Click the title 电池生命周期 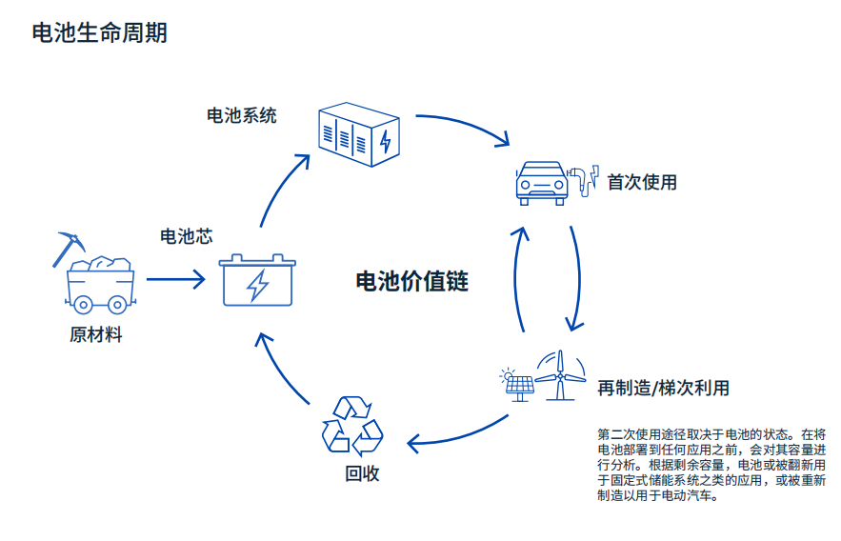pos(99,33)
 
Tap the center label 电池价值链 pos(411,282)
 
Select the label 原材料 pos(96,335)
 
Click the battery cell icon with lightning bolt pos(257,280)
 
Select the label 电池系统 pos(242,115)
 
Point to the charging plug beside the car pos(581,178)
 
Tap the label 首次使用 pos(642,182)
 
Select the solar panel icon pos(517,384)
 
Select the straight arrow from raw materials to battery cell pos(176,280)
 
